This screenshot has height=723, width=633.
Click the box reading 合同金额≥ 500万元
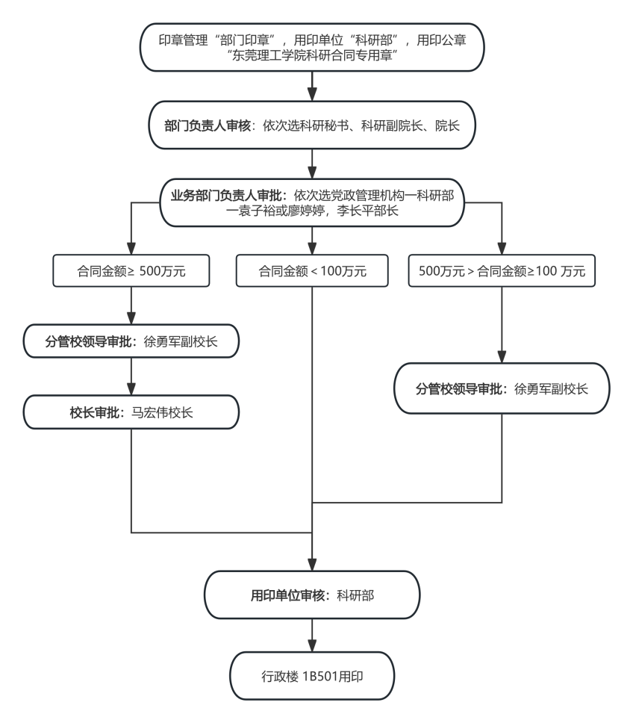coord(131,270)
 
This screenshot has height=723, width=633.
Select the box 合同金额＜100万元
coord(312,270)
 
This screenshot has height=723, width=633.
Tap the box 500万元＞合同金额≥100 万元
coord(502,270)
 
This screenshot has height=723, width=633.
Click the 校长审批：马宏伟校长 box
coord(131,412)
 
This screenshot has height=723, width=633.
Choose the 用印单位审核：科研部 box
coord(312,595)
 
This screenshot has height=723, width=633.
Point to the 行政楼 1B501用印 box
coord(312,676)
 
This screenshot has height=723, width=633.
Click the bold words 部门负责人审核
coord(208,125)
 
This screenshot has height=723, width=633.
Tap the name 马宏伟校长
coord(162,412)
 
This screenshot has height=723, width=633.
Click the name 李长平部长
coord(367,211)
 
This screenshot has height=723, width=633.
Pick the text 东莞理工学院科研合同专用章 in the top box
coord(312,55)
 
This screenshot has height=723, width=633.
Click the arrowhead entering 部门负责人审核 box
coord(312,95)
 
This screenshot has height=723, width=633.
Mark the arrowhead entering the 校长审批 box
coord(131,389)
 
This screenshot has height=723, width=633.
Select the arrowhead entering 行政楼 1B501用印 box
coord(312,645)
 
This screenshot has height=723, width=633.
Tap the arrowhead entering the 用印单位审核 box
coord(312,565)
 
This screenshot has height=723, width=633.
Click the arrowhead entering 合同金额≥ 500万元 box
coord(131,249)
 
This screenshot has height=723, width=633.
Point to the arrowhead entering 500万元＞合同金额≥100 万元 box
coord(502,249)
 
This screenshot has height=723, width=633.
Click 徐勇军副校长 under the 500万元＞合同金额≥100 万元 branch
coord(551,388)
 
